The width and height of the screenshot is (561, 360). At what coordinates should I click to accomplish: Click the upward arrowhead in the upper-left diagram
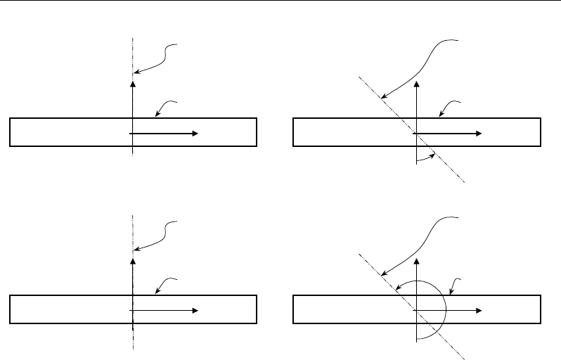click(132, 84)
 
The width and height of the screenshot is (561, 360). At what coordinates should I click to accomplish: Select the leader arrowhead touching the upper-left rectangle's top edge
click(155, 116)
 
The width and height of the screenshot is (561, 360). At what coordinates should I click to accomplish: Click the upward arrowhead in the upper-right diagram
click(418, 84)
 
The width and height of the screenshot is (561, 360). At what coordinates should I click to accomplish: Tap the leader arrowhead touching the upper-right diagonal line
click(382, 96)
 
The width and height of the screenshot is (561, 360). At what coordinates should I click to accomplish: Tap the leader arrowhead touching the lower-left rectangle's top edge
click(155, 292)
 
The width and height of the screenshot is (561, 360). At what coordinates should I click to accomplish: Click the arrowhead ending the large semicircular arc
click(397, 288)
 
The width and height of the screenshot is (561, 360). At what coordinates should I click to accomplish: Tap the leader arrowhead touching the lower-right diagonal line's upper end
click(382, 272)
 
